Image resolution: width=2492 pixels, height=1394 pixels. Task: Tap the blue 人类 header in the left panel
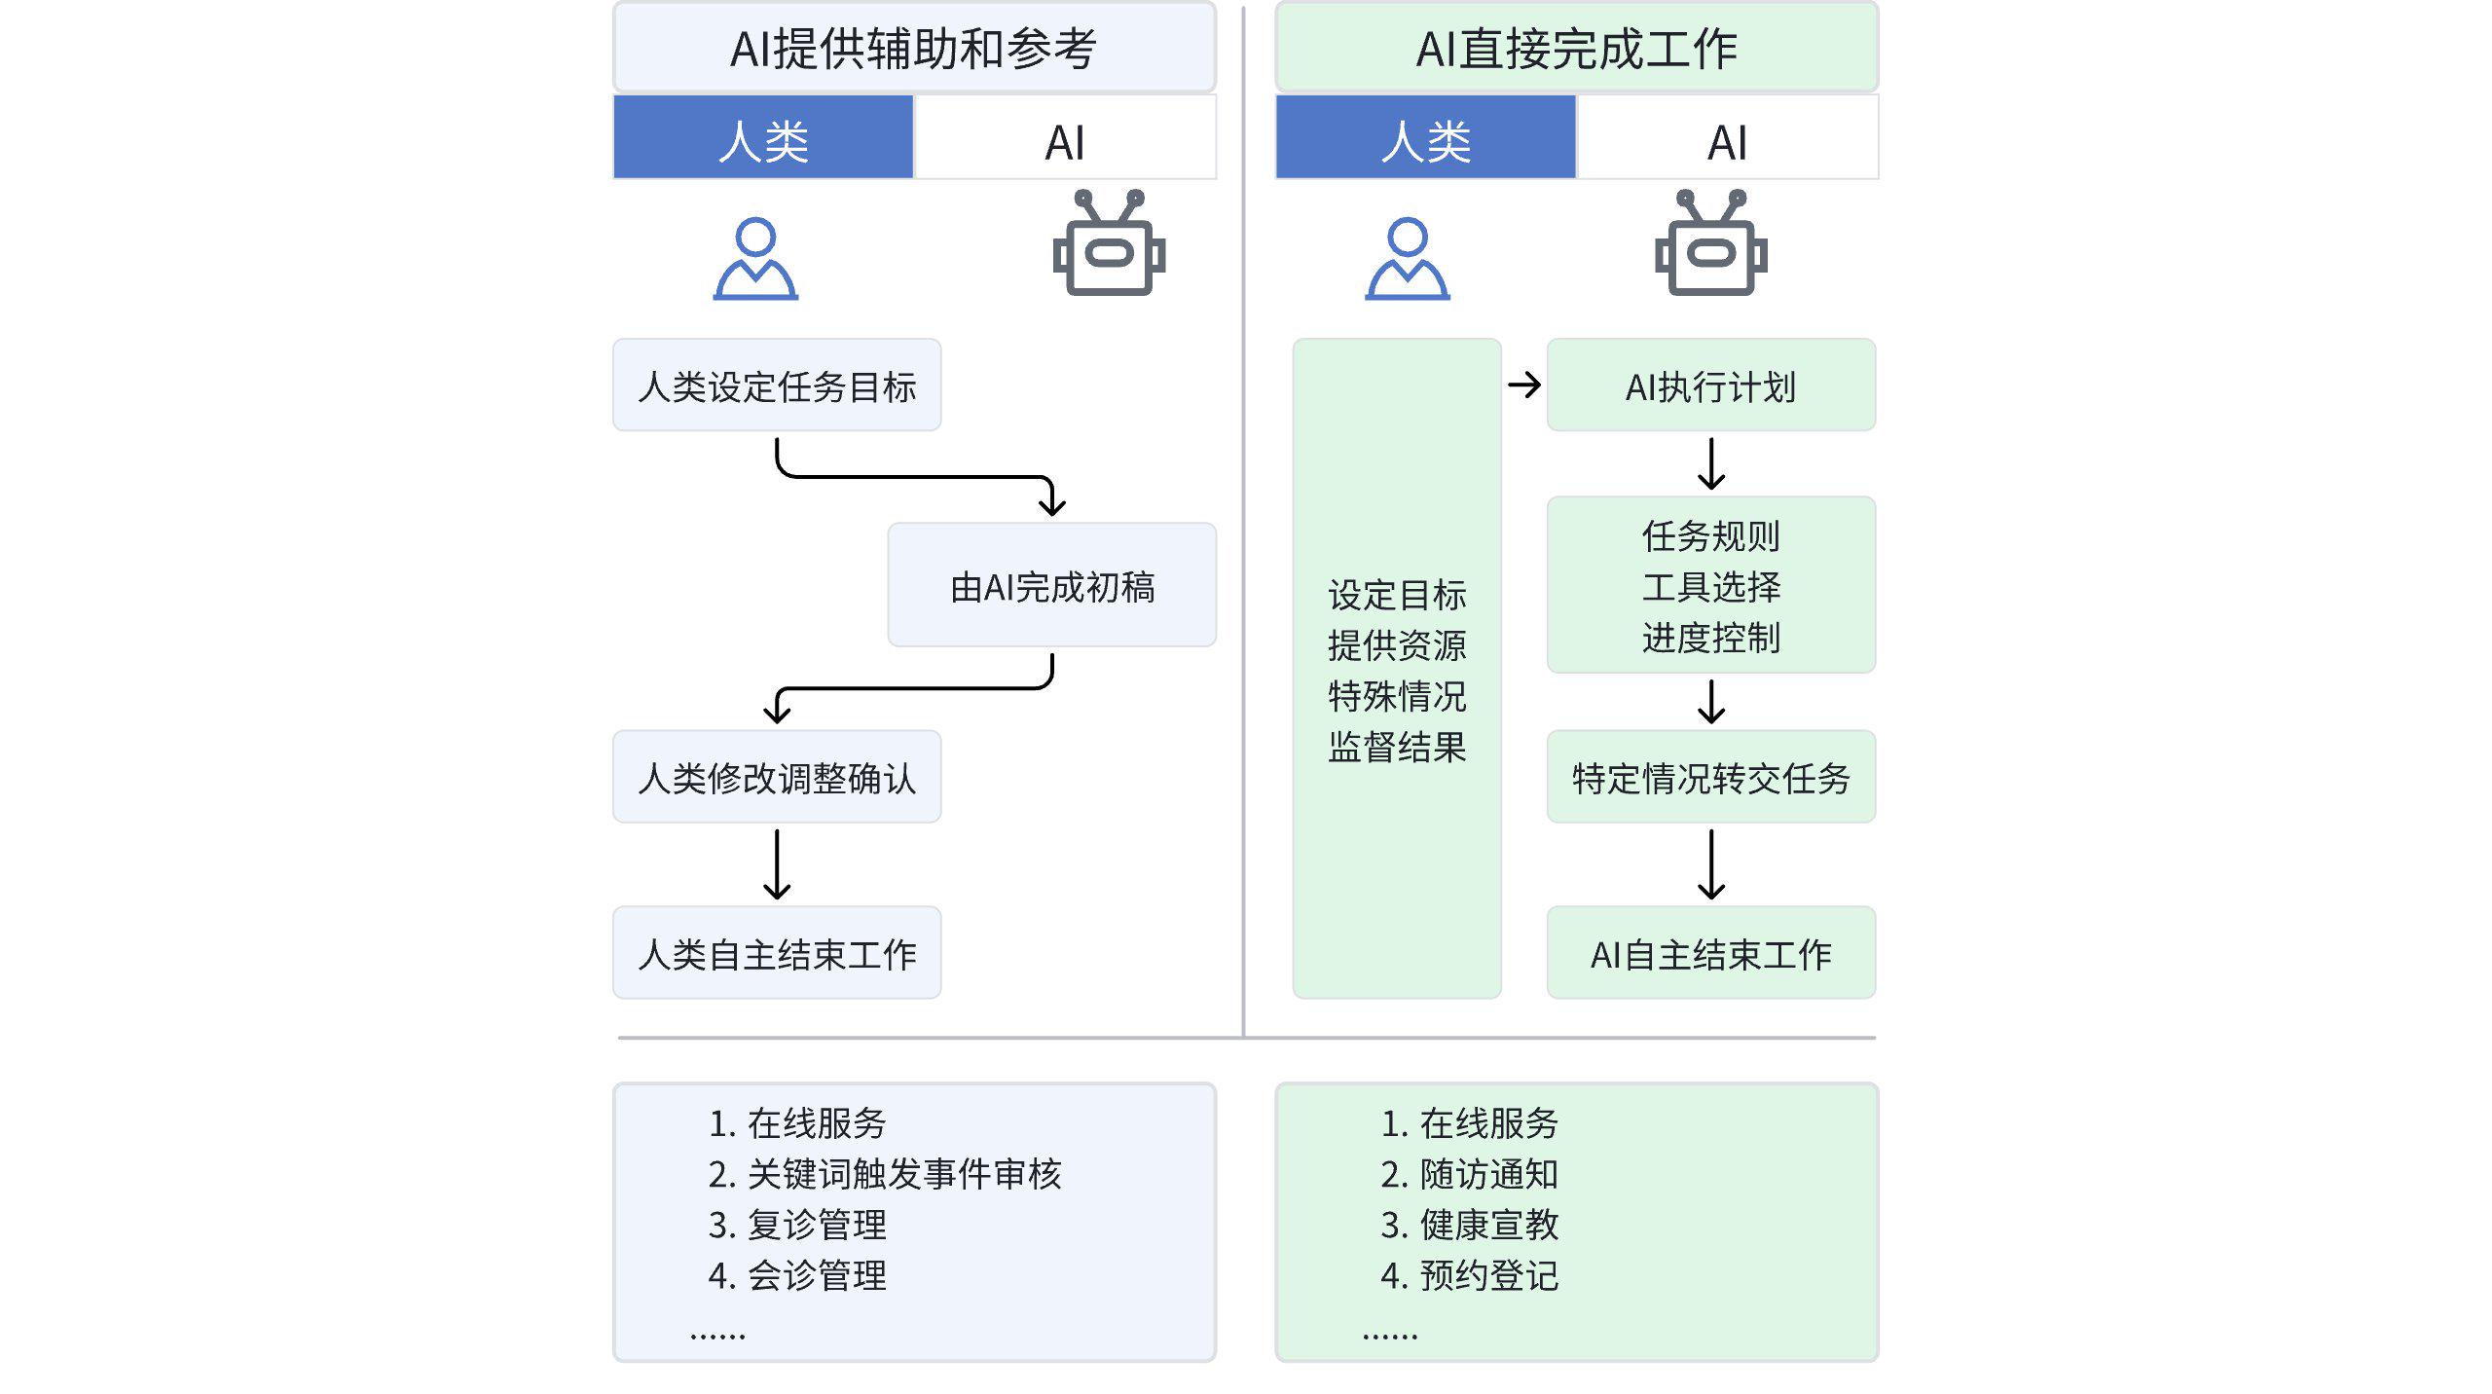[x=763, y=138]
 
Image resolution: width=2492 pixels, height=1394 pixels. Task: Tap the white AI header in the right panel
[x=1727, y=138]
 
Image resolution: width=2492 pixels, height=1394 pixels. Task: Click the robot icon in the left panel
[x=1109, y=244]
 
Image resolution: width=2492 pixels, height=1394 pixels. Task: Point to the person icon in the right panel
[x=1408, y=259]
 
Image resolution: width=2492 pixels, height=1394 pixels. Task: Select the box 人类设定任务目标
[x=777, y=385]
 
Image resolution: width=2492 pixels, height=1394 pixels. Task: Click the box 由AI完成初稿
[x=1051, y=585]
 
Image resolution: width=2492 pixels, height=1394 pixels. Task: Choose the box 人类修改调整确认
[x=777, y=777]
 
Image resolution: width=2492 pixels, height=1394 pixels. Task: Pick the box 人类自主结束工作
[x=777, y=953]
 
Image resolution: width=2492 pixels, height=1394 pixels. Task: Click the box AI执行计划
[x=1710, y=385]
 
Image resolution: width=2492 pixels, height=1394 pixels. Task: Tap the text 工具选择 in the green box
[x=1710, y=586]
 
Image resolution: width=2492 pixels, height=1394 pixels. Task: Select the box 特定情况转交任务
[x=1710, y=777]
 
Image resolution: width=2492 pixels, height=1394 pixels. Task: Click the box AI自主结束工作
[x=1710, y=953]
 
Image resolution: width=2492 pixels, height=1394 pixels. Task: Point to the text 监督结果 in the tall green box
[x=1397, y=747]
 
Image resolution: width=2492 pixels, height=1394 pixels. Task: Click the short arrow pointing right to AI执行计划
[x=1523, y=385]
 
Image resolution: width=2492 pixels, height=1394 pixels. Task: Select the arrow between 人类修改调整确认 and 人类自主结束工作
[x=777, y=863]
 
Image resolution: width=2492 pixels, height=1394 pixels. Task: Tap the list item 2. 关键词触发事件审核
[x=884, y=1174]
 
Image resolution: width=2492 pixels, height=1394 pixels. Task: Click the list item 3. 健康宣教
[x=1469, y=1225]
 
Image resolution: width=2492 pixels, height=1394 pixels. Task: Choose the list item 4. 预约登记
[x=1469, y=1275]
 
